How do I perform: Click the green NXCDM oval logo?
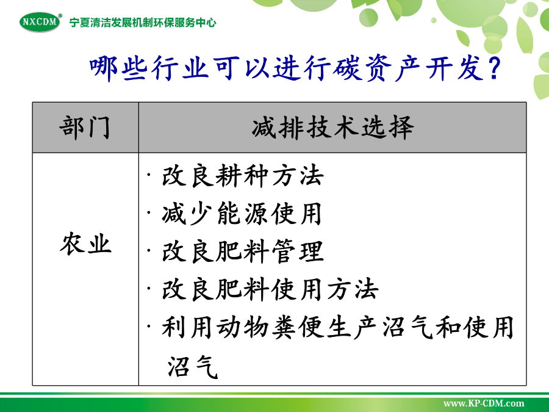40,22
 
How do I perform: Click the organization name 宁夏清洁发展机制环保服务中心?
143,23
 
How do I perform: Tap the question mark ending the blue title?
494,68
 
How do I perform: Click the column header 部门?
85,128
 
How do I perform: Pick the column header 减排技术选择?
332,128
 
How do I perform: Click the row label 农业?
85,244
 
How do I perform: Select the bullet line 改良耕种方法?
242,176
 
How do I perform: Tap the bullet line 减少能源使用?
242,214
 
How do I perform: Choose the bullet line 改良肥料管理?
242,251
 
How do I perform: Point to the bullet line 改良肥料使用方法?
270,289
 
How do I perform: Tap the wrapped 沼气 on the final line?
193,366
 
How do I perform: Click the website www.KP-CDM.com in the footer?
484,403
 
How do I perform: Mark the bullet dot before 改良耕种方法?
149,174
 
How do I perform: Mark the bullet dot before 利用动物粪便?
149,325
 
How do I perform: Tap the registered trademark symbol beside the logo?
60,15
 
